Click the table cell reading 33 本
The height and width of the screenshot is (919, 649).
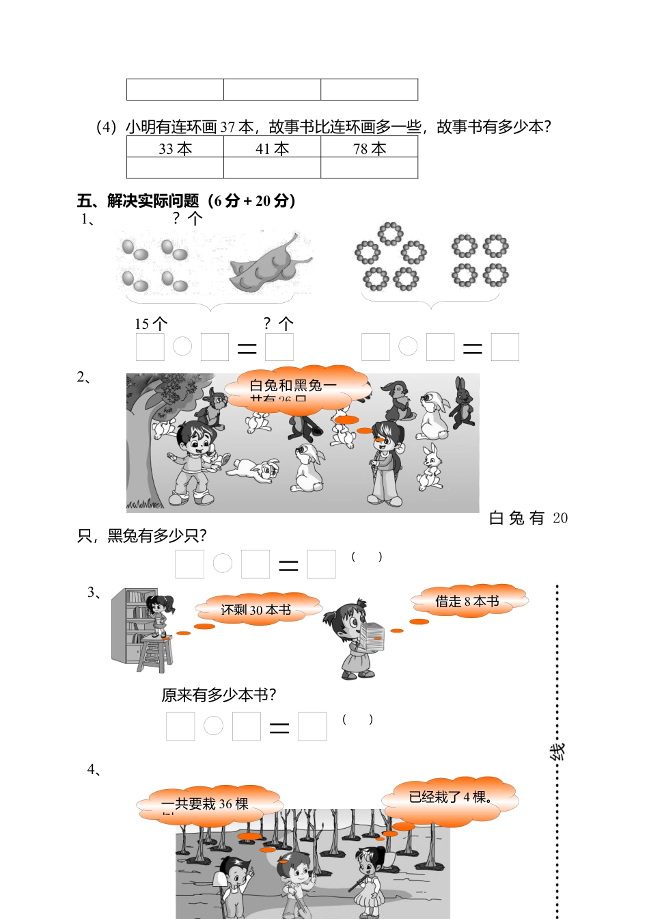(x=175, y=148)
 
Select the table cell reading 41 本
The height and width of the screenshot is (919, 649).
(x=272, y=148)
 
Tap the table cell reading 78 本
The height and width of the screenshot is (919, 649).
(x=369, y=148)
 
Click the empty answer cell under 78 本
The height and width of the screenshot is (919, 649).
(x=369, y=168)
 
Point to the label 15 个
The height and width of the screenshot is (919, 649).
(x=150, y=323)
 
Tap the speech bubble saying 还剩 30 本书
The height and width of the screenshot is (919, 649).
(x=257, y=609)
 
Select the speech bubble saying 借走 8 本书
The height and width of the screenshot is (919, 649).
(x=468, y=601)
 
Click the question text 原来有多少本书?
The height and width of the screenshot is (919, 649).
(x=219, y=695)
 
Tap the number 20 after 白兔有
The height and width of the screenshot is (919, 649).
(x=560, y=518)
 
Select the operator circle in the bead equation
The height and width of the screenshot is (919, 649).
(x=408, y=347)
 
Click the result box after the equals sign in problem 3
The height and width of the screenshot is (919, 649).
(x=312, y=726)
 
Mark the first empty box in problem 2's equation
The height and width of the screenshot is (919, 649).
(x=189, y=564)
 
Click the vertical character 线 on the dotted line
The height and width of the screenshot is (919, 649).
(x=557, y=752)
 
